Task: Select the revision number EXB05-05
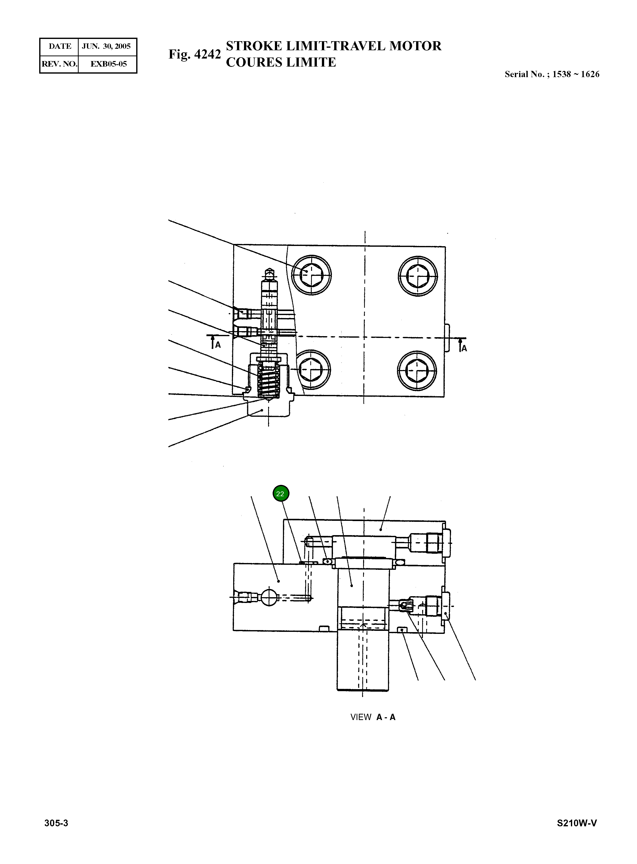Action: coord(108,64)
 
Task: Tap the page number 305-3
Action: coord(56,823)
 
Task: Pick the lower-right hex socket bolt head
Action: coord(417,371)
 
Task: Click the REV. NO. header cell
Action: coord(59,64)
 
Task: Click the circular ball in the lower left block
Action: coord(269,597)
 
